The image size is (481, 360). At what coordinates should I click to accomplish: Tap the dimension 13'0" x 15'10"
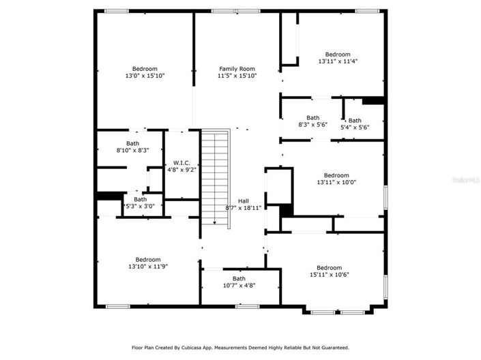145,76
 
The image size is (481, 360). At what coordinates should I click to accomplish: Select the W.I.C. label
181,162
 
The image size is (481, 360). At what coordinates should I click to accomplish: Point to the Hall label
243,200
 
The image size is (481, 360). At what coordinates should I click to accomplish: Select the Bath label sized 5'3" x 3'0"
140,199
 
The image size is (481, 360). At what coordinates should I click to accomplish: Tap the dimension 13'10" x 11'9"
147,266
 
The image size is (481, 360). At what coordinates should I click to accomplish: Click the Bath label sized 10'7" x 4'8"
239,278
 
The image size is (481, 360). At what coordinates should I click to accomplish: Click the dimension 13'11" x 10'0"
336,182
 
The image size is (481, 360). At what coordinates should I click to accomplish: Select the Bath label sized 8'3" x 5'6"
312,118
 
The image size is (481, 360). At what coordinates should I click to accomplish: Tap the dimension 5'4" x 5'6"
355,127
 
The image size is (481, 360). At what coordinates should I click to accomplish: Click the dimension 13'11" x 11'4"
337,61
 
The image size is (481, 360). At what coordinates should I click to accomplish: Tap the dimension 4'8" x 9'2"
181,170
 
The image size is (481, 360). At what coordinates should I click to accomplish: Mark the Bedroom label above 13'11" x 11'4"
337,55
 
